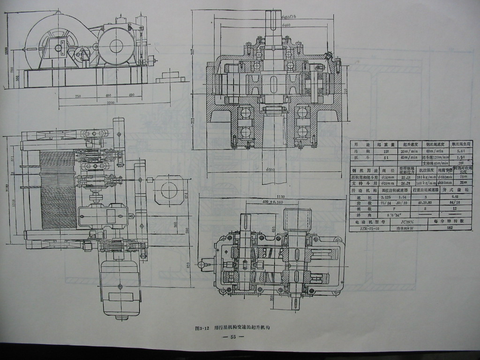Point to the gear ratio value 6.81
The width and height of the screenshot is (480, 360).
point(448,197)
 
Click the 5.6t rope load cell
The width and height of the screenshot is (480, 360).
point(460,151)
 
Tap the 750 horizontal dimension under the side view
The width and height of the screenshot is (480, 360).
point(77,96)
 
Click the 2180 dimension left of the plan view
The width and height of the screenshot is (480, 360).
point(7,187)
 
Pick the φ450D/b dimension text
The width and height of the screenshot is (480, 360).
point(292,17)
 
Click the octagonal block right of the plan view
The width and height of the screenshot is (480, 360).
point(169,190)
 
